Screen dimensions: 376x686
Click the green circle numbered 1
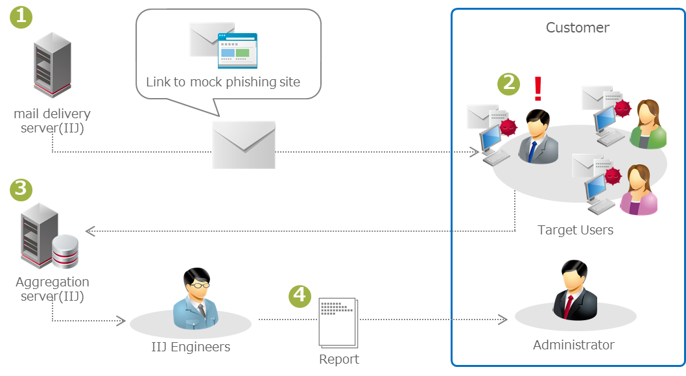pos(21,17)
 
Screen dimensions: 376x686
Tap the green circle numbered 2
pos(508,82)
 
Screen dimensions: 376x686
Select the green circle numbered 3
pos(21,189)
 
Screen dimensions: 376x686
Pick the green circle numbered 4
pos(299,295)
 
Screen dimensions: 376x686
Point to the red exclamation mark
pos(537,88)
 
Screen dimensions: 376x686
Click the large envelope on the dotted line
pos(244,145)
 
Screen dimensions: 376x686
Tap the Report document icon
pos(338,322)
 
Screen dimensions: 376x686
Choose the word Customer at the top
pos(577,27)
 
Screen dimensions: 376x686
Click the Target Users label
pos(575,230)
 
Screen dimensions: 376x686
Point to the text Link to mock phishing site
pos(223,82)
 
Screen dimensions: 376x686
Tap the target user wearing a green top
pos(648,125)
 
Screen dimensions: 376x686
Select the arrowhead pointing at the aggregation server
pos(90,231)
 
